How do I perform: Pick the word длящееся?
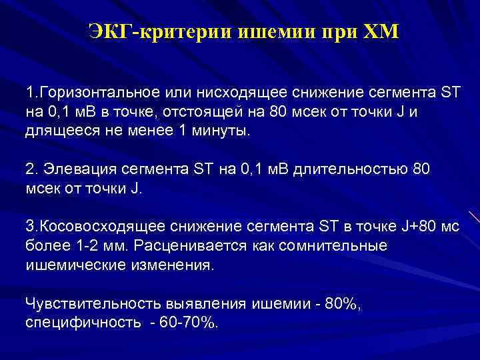(59, 131)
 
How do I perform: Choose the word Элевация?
(74, 169)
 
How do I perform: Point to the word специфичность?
(79, 323)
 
